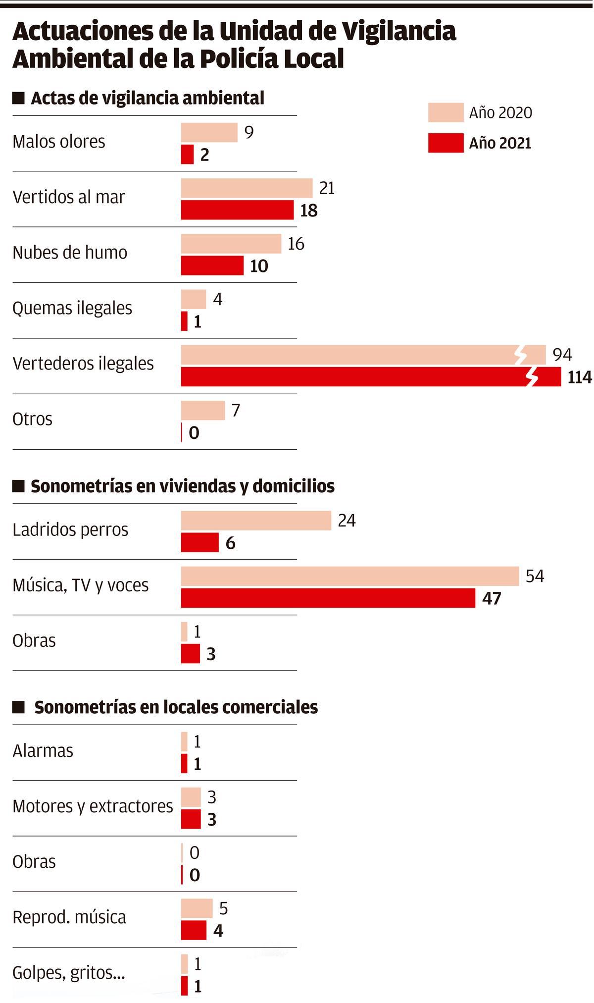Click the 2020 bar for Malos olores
click(x=209, y=133)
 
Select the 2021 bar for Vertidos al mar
click(x=237, y=210)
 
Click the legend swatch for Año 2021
click(x=445, y=143)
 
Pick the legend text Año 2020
click(x=500, y=113)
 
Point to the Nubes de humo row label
click(x=70, y=253)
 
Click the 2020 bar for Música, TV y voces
click(x=349, y=576)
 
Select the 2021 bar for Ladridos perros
click(x=199, y=543)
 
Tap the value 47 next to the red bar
click(x=492, y=599)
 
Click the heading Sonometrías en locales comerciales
click(x=176, y=707)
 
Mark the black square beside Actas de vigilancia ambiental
click(x=18, y=98)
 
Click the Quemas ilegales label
click(x=72, y=308)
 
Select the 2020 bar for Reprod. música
click(x=197, y=908)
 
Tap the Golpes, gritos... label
click(x=68, y=973)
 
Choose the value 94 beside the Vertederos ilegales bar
click(x=562, y=355)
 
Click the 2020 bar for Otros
click(x=203, y=411)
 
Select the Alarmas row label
click(x=43, y=751)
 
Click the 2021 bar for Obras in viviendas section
click(x=190, y=654)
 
